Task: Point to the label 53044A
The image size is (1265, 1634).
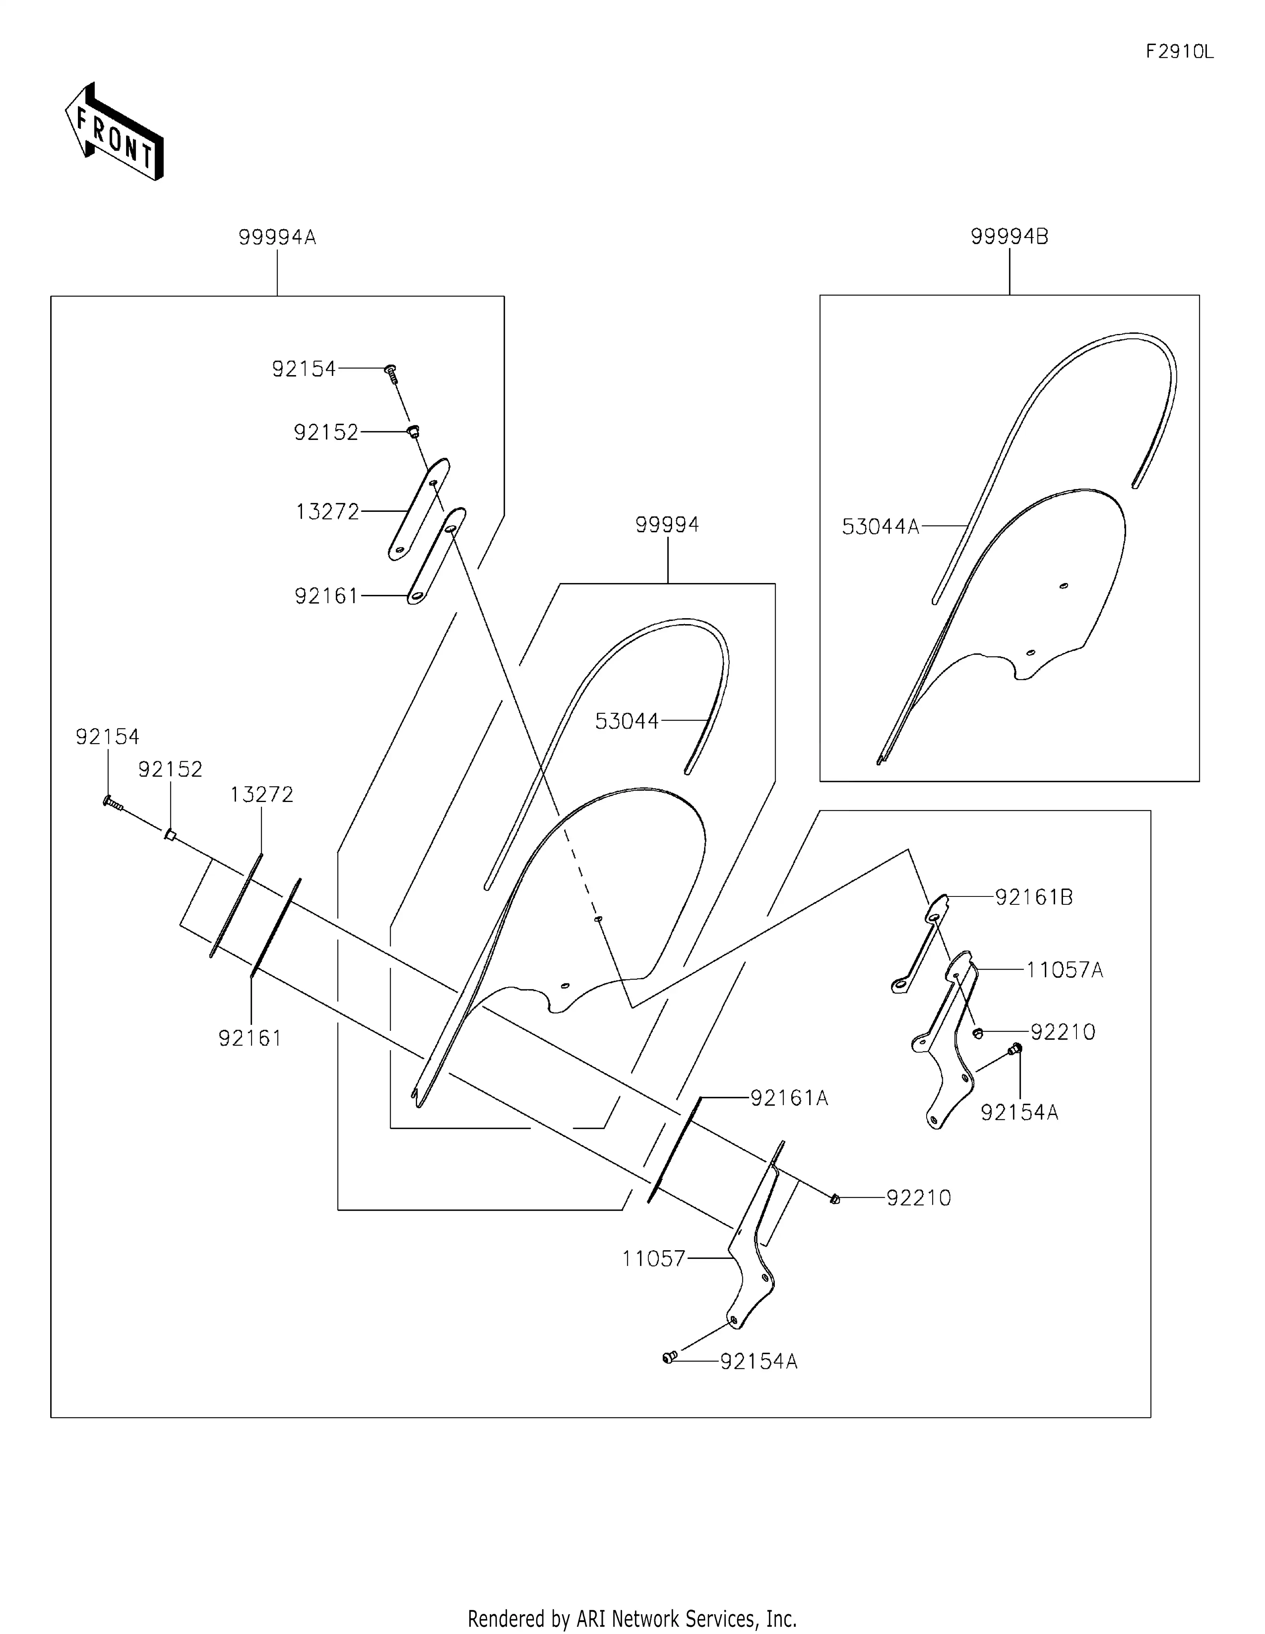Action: tap(880, 527)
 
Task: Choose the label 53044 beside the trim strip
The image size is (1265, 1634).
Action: tap(626, 721)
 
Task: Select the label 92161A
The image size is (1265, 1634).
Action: tap(789, 1098)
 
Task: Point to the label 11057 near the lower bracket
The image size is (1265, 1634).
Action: tap(653, 1259)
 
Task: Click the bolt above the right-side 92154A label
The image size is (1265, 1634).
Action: tap(1015, 1050)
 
